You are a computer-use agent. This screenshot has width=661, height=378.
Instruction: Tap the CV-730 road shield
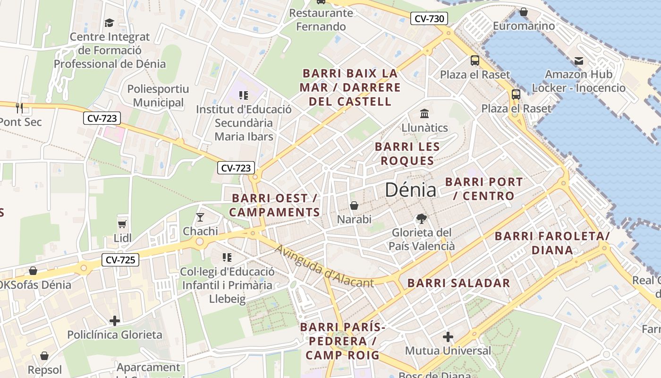click(x=428, y=19)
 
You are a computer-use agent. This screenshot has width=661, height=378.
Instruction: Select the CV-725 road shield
click(x=120, y=259)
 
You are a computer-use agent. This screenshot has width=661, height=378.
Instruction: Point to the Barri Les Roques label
click(x=407, y=154)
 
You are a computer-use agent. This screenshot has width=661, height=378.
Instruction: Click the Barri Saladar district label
click(x=458, y=283)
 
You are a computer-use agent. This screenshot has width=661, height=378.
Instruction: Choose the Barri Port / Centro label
click(x=484, y=189)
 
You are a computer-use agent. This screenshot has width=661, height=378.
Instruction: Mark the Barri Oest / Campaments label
click(x=275, y=205)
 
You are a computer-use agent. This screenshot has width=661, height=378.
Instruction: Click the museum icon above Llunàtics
click(x=424, y=114)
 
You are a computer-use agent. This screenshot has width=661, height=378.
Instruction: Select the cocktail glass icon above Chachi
click(x=200, y=217)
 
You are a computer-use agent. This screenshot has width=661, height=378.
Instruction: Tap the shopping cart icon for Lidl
click(x=122, y=223)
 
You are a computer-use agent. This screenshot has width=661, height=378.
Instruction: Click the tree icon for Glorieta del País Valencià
click(x=421, y=218)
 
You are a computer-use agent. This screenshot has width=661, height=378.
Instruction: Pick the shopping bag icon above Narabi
click(x=354, y=206)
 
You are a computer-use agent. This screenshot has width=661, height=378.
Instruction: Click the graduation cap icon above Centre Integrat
click(x=110, y=23)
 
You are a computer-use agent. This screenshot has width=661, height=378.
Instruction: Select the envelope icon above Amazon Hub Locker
click(x=578, y=60)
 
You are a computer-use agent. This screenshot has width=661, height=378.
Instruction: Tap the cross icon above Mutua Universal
click(x=448, y=337)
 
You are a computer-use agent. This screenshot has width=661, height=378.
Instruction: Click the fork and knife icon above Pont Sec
click(x=19, y=108)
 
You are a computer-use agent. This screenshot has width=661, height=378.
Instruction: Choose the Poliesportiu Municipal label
click(x=158, y=95)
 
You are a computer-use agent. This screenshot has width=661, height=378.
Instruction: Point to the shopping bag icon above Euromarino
click(x=523, y=12)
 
